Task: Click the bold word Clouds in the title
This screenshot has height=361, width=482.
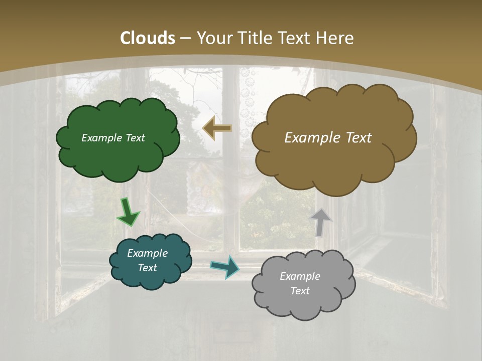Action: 148,38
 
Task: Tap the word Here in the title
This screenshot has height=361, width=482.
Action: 334,38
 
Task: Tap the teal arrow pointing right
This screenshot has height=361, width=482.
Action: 225,266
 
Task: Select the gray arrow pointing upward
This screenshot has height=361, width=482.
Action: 321,222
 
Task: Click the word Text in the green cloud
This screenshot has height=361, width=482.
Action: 135,138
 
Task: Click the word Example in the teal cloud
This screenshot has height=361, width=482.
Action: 147,253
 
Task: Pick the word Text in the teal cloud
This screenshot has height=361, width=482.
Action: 147,268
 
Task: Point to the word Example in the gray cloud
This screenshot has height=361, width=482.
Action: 300,276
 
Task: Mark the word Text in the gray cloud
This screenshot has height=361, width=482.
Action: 300,291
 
